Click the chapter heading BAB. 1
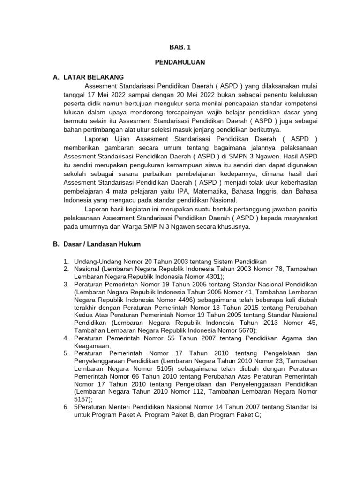(x=180, y=47)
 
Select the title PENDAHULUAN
(x=180, y=62)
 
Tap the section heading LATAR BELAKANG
(x=94, y=77)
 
